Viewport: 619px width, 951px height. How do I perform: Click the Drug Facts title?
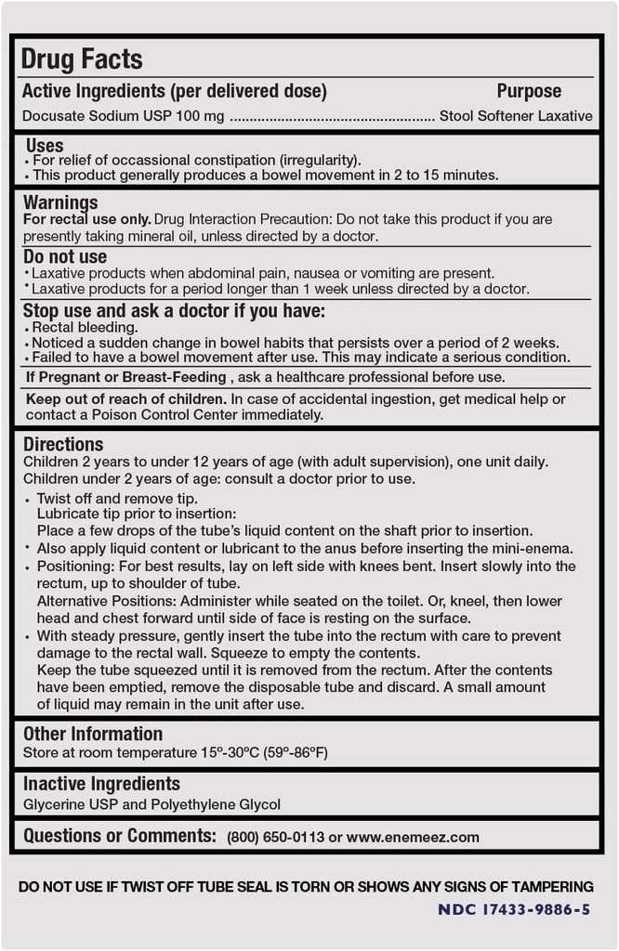(x=82, y=59)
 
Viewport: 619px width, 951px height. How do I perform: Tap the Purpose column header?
(x=529, y=91)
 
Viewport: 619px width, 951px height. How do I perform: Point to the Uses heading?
(x=44, y=145)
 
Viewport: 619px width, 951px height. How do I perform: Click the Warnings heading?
(x=60, y=202)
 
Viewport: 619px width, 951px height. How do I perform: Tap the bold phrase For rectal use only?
(x=86, y=219)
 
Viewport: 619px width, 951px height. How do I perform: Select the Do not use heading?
(x=65, y=256)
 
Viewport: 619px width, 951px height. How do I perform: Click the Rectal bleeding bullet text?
(x=85, y=327)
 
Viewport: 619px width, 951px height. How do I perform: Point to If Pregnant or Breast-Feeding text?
(x=125, y=377)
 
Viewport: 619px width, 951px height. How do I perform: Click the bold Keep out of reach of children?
(x=126, y=398)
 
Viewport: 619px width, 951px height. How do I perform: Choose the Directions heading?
(x=63, y=444)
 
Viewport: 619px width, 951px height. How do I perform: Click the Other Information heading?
(x=93, y=734)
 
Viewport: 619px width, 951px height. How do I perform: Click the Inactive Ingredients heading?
(x=101, y=784)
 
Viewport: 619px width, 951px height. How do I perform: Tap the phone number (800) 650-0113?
(x=275, y=837)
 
